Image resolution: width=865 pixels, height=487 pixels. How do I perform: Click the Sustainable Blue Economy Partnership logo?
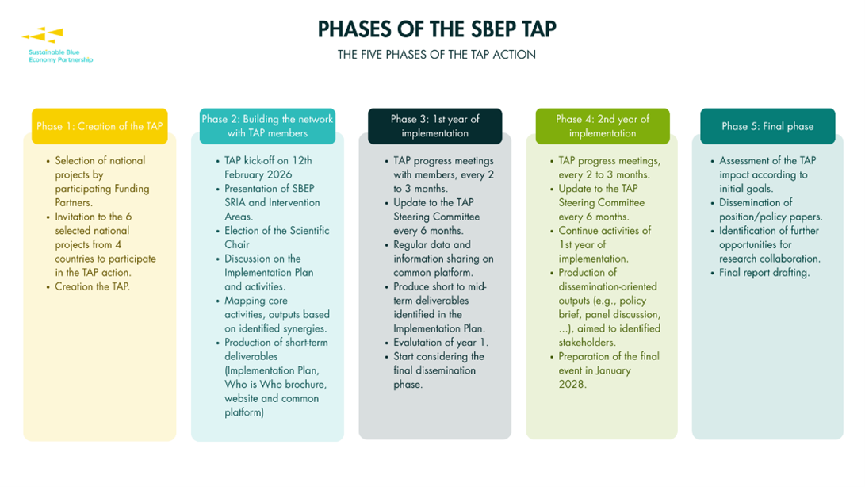point(55,45)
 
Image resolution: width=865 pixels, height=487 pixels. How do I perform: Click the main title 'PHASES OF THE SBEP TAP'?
point(437,29)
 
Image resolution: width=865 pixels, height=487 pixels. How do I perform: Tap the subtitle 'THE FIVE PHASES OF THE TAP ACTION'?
point(437,55)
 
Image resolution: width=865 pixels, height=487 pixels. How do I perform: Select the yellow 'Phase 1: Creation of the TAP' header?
point(100,126)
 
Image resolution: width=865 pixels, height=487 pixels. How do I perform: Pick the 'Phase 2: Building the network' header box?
point(267,126)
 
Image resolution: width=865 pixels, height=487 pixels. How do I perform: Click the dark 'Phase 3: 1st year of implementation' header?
point(434,126)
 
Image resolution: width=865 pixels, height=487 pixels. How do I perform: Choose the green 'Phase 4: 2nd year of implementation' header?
point(603,126)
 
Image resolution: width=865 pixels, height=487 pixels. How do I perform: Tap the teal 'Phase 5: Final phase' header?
point(767,126)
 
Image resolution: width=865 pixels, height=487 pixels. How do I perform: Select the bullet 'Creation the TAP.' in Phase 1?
point(92,286)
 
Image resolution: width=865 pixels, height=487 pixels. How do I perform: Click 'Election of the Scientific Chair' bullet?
point(276,237)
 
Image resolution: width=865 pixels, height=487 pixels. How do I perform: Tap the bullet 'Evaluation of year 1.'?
point(441,343)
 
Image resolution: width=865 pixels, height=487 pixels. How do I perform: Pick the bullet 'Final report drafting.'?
point(764,273)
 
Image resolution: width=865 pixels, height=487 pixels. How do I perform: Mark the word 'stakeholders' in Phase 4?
point(587,343)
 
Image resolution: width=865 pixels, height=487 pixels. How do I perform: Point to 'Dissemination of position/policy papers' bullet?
point(770,209)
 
